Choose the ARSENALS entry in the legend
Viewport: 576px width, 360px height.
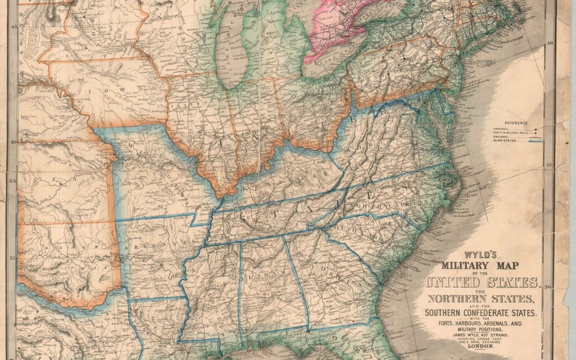[502, 128]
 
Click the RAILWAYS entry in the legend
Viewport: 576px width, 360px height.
[501, 137]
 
